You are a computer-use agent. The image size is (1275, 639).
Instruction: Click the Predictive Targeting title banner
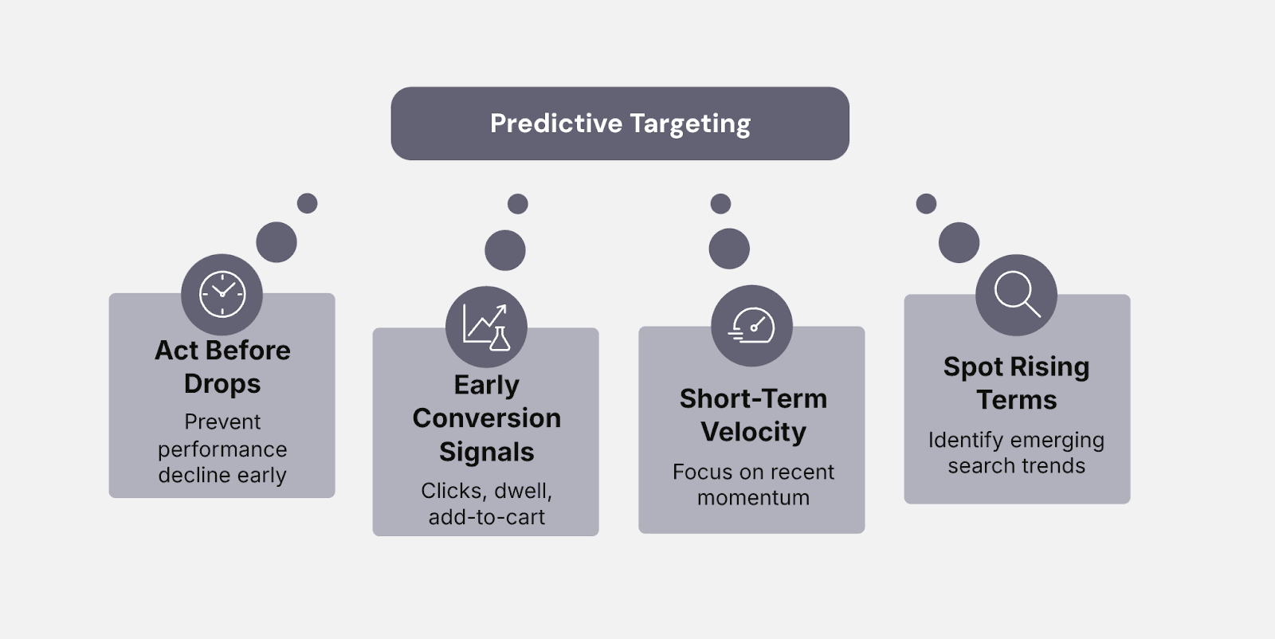[x=620, y=123]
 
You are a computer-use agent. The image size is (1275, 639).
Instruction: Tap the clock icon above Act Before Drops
[x=222, y=294]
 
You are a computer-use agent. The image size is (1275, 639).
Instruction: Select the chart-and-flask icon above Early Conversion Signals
[x=486, y=327]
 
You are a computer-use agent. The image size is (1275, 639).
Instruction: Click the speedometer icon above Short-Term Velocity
[x=751, y=326]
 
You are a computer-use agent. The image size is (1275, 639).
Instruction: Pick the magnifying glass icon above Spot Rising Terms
[x=1016, y=295]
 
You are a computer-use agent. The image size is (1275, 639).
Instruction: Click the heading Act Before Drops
[x=222, y=367]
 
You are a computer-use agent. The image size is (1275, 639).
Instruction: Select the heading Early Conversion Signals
[x=486, y=418]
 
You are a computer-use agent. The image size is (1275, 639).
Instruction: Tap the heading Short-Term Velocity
[x=753, y=415]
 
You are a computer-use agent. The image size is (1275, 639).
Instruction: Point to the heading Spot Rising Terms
[x=1016, y=382]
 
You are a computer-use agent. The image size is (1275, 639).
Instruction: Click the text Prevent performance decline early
[x=222, y=449]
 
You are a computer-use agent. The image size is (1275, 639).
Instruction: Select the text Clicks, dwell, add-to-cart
[x=486, y=504]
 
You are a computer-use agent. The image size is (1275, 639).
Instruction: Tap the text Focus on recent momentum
[x=753, y=484]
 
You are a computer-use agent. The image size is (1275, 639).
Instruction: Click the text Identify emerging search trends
[x=1016, y=453]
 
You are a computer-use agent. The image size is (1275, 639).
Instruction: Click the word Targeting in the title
[x=690, y=124]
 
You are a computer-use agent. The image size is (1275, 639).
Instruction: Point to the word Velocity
[x=753, y=432]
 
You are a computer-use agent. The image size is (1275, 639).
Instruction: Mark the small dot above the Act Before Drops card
[x=307, y=203]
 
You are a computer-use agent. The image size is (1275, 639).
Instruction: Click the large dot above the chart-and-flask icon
[x=505, y=250]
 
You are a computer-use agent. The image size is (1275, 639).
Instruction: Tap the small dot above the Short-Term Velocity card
[x=720, y=203]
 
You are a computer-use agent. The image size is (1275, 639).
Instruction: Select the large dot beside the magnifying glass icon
[x=959, y=242]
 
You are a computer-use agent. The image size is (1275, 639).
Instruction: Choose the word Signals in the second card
[x=486, y=452]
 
